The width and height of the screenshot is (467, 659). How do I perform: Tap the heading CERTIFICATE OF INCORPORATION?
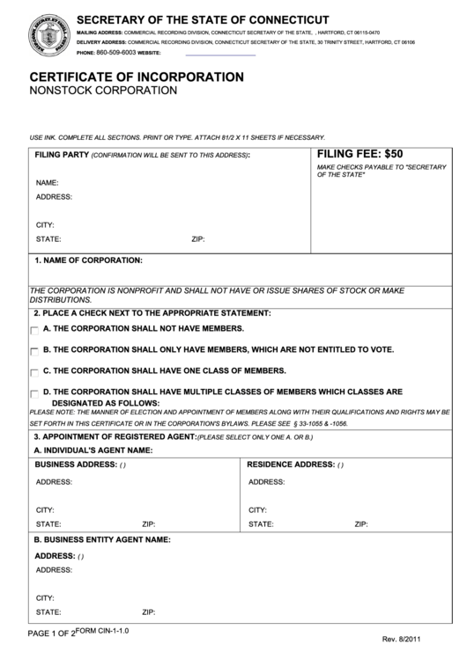point(137,77)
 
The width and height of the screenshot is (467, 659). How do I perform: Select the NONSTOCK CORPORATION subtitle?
point(103,91)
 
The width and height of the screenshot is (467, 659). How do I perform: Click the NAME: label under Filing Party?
point(47,183)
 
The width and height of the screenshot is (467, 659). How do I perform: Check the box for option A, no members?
point(34,330)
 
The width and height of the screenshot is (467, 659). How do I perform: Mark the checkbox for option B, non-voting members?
point(34,351)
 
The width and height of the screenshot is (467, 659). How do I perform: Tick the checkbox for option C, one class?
point(34,372)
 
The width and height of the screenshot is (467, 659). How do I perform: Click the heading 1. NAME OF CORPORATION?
point(88,260)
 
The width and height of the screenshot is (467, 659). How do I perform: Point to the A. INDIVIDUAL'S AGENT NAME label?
point(93,450)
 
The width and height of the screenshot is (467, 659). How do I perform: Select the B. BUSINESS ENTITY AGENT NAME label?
point(102,539)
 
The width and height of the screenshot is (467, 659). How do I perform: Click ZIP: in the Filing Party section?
point(197,238)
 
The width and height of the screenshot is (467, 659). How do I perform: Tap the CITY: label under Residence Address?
point(258,509)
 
